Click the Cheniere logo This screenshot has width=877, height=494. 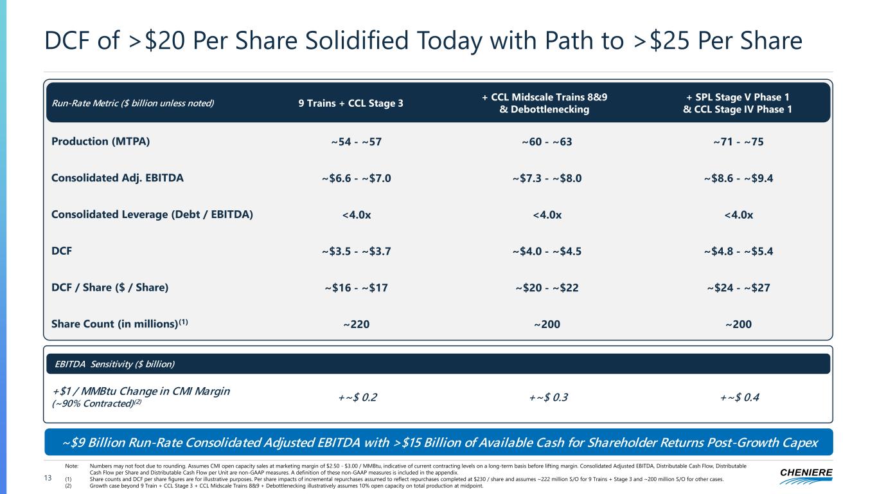(806, 475)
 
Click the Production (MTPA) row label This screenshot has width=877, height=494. (100, 142)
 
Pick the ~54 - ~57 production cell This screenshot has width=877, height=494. (355, 142)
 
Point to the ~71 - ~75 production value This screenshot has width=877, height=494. (738, 142)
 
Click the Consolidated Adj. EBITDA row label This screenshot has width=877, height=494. (117, 178)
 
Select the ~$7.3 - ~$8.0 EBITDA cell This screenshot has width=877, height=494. (547, 179)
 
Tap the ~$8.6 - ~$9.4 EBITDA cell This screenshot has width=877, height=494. (738, 179)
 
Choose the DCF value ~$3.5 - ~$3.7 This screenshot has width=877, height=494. (355, 252)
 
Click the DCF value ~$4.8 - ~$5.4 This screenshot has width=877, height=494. (738, 252)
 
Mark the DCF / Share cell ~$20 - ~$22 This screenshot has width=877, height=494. (547, 288)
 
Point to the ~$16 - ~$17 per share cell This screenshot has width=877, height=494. (355, 288)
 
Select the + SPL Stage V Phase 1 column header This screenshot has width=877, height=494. (738, 97)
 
